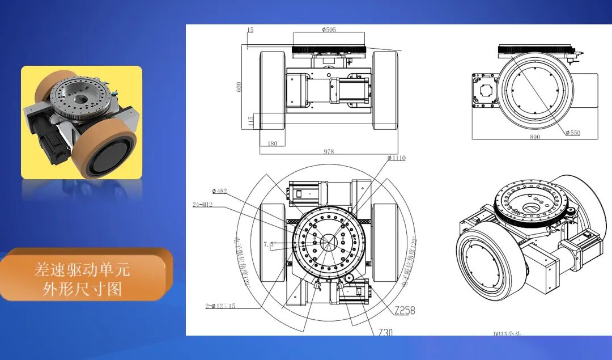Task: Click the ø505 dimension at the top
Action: click(329, 30)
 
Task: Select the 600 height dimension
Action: click(239, 86)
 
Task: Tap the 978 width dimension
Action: click(329, 151)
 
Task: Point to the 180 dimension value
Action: click(273, 143)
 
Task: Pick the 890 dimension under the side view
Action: click(534, 137)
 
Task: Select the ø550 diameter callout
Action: click(573, 133)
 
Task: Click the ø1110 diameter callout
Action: click(397, 158)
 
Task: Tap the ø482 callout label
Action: click(219, 191)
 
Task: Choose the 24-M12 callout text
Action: click(202, 205)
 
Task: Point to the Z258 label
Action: click(405, 310)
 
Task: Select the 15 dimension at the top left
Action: click(250, 29)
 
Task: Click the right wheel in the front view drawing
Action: click(385, 90)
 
